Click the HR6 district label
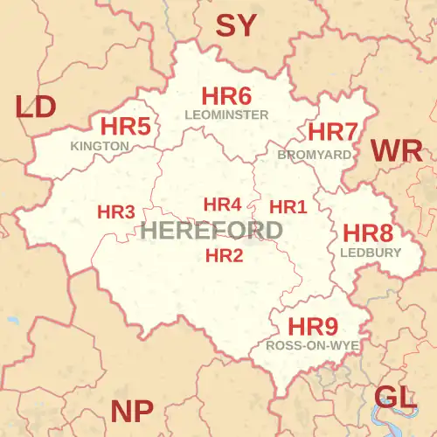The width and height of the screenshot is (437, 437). click(226, 96)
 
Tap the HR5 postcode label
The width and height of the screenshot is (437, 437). click(126, 127)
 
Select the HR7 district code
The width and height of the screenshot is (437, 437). click(333, 133)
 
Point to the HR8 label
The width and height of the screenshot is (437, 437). click(367, 233)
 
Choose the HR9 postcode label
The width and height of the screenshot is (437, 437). click(313, 327)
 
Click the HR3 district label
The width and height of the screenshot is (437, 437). click(115, 212)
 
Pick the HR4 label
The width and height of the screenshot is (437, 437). click(222, 205)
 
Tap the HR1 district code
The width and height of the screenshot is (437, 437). click(288, 207)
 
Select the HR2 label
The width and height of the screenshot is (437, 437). click(224, 255)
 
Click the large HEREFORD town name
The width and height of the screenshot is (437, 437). click(211, 231)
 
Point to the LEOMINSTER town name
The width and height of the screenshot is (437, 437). click(226, 114)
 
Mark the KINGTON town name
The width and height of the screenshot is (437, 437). click(101, 146)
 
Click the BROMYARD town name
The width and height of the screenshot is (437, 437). click(315, 154)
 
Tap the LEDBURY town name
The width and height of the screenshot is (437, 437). click(370, 253)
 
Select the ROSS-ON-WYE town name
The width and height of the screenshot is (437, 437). click(313, 345)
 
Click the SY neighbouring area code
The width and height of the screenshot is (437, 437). click(236, 26)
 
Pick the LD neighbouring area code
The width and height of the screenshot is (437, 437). click(36, 107)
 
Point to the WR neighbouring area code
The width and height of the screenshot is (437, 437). click(396, 150)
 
